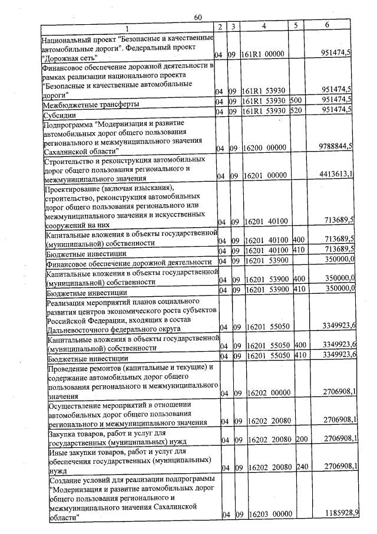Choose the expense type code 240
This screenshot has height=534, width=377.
click(301, 467)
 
